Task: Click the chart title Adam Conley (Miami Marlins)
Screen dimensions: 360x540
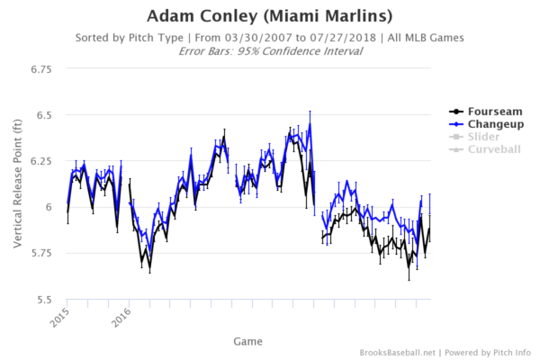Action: click(x=270, y=16)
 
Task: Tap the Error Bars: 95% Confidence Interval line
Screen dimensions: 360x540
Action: click(x=270, y=50)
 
